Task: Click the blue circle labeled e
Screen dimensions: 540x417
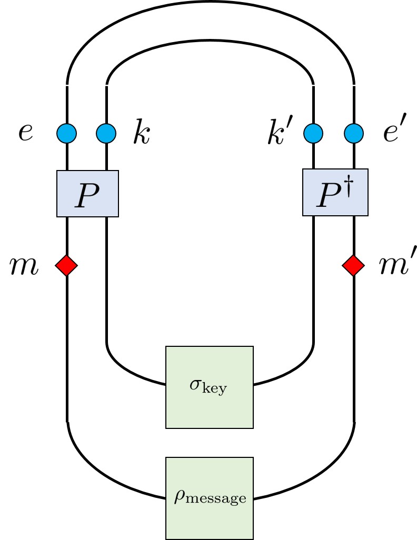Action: coord(67,133)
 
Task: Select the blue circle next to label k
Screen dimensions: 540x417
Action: coord(106,133)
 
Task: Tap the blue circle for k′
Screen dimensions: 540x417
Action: coord(314,133)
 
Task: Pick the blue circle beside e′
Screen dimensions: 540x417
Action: coord(353,133)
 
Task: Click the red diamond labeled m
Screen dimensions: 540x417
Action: coord(67,265)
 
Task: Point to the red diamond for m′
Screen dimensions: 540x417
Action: coord(353,265)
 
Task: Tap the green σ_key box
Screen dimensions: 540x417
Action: coord(210,387)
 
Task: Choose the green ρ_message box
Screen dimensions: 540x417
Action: coord(210,498)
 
